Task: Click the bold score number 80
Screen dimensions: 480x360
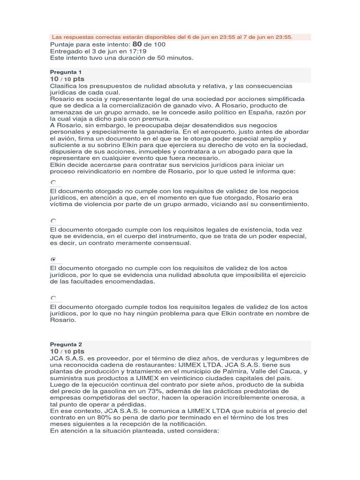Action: point(137,44)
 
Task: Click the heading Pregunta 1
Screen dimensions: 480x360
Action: point(66,72)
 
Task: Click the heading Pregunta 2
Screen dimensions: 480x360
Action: point(66,344)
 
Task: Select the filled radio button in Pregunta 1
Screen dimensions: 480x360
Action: point(53,259)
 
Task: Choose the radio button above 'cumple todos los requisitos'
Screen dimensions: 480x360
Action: point(53,298)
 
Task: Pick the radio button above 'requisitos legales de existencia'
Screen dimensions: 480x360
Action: point(53,220)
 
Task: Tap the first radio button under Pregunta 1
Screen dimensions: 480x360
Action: point(53,182)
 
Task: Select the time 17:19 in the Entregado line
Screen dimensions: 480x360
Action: point(137,51)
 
